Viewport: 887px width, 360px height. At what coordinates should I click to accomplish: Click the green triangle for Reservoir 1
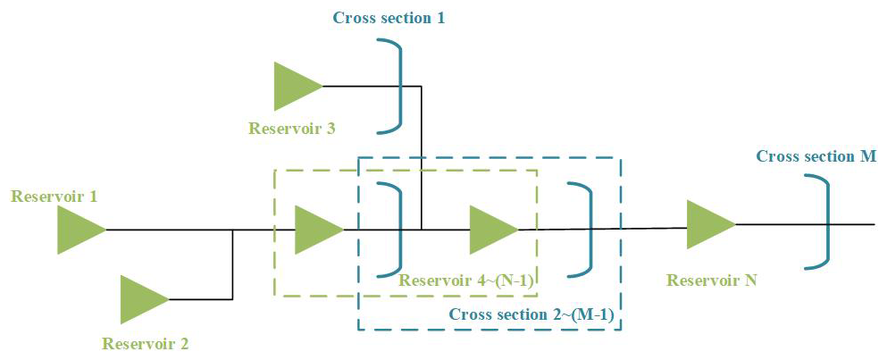pos(79,230)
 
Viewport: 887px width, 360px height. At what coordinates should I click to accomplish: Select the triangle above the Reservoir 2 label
pos(141,299)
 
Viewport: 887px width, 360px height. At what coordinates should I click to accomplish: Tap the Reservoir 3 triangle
pos(295,87)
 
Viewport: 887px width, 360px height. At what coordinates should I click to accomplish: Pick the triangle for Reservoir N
pos(707,224)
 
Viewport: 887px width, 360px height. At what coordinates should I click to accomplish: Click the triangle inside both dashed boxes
pos(491,230)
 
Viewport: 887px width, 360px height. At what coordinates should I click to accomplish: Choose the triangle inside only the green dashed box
pos(316,230)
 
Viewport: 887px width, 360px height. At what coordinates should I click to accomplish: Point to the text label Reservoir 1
pos(54,196)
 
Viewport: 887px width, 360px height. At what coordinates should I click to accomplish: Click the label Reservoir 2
pos(146,343)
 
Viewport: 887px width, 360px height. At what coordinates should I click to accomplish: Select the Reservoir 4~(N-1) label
pos(466,280)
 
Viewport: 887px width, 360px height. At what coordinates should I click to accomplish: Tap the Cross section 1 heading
pos(389,18)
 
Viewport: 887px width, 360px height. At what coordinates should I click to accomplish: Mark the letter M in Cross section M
pos(868,156)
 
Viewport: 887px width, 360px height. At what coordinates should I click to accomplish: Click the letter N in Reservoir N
pos(751,280)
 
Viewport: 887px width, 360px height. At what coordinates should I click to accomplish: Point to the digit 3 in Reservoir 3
pos(331,129)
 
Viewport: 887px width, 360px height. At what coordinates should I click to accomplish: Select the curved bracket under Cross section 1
pos(394,87)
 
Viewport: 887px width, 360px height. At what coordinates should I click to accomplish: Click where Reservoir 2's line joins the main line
pos(233,230)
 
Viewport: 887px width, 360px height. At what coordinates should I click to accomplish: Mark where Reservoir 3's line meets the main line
pos(422,230)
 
